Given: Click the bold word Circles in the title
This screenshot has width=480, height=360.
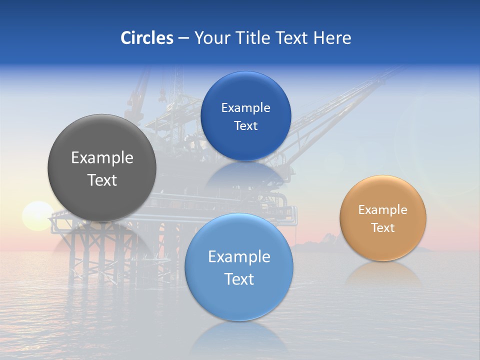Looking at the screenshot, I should pos(146,38).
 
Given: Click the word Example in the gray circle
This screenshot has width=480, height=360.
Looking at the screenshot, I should pos(102,158).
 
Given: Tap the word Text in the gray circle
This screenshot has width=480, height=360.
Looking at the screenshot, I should pos(102,180).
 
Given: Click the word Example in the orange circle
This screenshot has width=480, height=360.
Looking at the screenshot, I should pos(383,210).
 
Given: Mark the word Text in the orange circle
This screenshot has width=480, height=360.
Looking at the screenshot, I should pos(383,228).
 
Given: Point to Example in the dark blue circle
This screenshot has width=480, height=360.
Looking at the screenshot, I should pos(245,108).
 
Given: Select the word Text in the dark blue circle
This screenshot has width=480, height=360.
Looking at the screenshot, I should pos(245,126).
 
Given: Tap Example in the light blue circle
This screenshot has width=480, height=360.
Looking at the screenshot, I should pos(239,257).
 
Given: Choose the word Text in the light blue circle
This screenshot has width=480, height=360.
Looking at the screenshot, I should pos(239,279).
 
